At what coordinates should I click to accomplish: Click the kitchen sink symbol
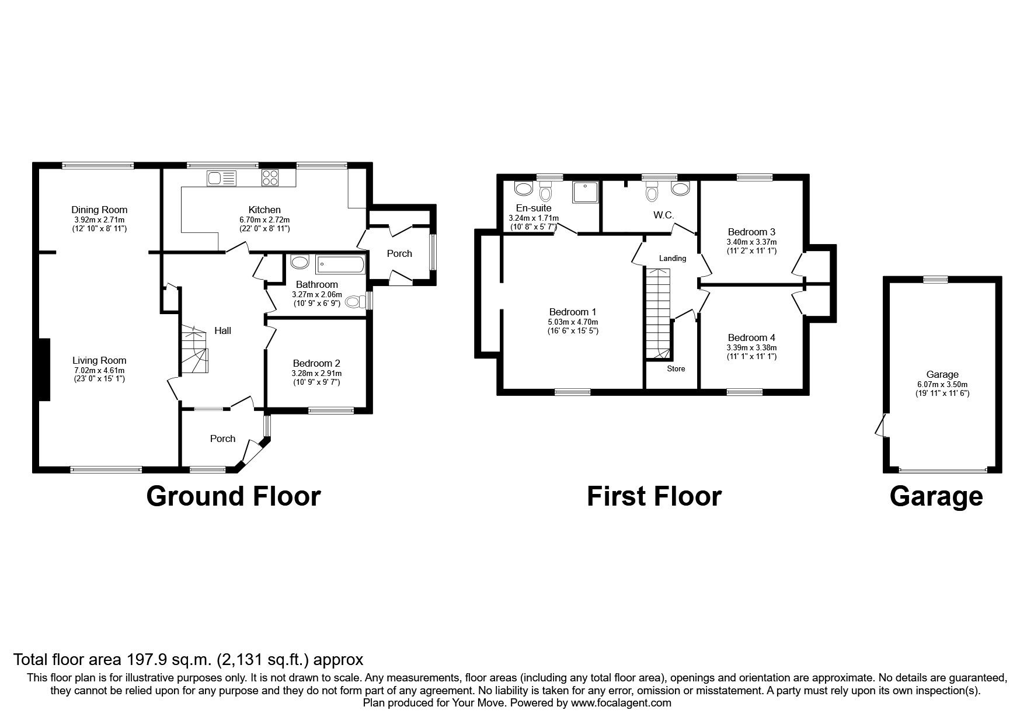pyautogui.click(x=221, y=178)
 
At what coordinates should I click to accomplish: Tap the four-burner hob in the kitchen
pyautogui.click(x=270, y=177)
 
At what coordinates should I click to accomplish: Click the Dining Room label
pyautogui.click(x=99, y=210)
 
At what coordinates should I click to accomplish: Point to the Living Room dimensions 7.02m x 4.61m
pyautogui.click(x=99, y=370)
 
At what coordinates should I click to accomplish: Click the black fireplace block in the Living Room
pyautogui.click(x=44, y=370)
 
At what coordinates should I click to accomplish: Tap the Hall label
pyautogui.click(x=222, y=331)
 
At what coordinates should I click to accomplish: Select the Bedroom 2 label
pyautogui.click(x=316, y=363)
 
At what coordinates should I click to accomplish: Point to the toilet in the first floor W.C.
pyautogui.click(x=652, y=191)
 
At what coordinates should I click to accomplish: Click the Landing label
pyautogui.click(x=673, y=258)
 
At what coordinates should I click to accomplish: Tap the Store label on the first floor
pyautogui.click(x=676, y=369)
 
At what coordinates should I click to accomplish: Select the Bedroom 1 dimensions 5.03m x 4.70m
pyautogui.click(x=572, y=322)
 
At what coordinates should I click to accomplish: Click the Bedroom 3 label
pyautogui.click(x=751, y=231)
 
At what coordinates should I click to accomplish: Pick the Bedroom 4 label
pyautogui.click(x=751, y=337)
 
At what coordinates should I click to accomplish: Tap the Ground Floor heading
pyautogui.click(x=233, y=496)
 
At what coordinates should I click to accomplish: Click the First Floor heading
pyautogui.click(x=654, y=496)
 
